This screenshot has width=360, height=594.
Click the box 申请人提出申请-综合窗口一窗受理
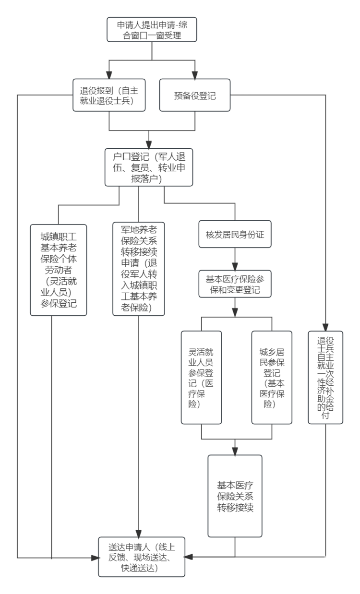coord(152,29)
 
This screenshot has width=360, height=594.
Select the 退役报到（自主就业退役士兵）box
coord(109,95)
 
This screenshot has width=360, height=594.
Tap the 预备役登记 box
coord(195,95)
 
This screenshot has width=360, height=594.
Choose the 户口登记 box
coord(149,167)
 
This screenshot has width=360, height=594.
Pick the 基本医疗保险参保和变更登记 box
coord(235,284)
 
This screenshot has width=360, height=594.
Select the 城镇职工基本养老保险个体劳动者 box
coord(59,270)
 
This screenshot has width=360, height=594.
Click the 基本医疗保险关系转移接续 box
coord(235,496)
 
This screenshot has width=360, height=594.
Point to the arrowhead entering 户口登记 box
coord(149,144)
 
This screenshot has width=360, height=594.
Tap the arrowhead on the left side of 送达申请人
coord(95,558)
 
